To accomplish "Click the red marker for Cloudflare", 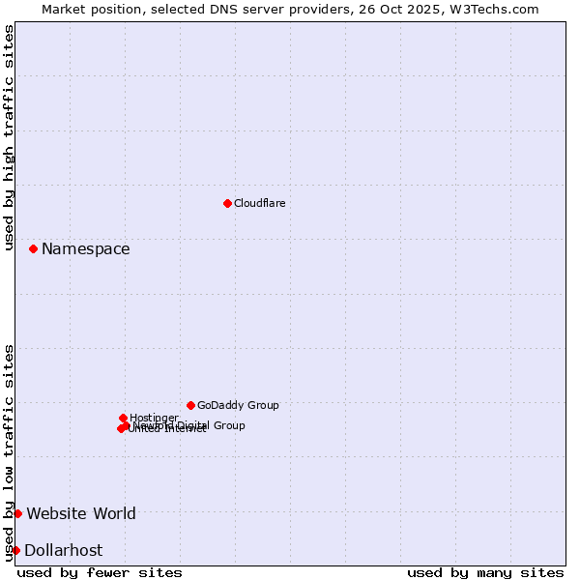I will (227, 203).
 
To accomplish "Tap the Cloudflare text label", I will (259, 203).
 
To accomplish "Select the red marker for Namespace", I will (33, 248).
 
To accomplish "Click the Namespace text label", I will (85, 248).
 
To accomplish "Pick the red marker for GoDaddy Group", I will (190, 405).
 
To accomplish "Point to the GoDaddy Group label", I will (238, 405).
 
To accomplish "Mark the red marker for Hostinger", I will (123, 418).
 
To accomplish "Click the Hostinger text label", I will (154, 418).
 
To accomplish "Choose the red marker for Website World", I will (17, 513).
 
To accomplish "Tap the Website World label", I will (81, 513).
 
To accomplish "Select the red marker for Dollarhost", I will (15, 550).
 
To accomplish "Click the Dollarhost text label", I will (63, 550).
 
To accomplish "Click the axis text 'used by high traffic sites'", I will (9, 137).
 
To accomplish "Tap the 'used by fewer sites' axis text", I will (100, 572).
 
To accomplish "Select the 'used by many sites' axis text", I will (485, 572).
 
